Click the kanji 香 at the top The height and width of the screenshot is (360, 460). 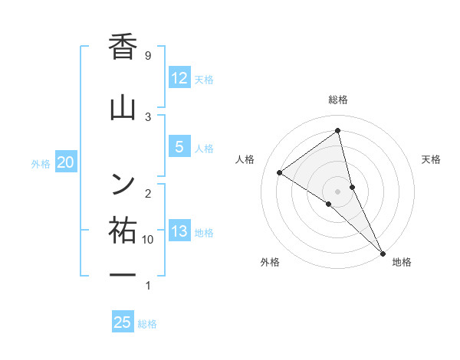(123, 47)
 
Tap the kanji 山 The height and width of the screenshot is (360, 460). (123, 108)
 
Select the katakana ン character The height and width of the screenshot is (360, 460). (123, 182)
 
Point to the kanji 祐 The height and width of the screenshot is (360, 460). (123, 231)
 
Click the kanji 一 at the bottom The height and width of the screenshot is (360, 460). (123, 274)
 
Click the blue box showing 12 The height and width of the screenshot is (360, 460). (179, 77)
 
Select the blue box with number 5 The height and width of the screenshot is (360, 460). (179, 146)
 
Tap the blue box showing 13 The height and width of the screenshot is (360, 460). (179, 231)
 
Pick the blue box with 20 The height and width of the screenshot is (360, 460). (66, 162)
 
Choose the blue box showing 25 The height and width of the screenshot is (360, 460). (123, 322)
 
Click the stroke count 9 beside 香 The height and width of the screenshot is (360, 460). (148, 56)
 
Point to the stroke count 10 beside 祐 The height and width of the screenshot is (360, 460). (149, 240)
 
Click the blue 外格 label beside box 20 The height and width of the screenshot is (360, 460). (41, 163)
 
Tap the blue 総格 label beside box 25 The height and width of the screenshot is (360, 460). (147, 324)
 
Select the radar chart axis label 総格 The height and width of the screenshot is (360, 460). (338, 100)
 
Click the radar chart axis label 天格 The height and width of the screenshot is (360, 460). (432, 159)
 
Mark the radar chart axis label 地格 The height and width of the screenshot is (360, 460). (402, 262)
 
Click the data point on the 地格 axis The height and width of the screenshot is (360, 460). (383, 252)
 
